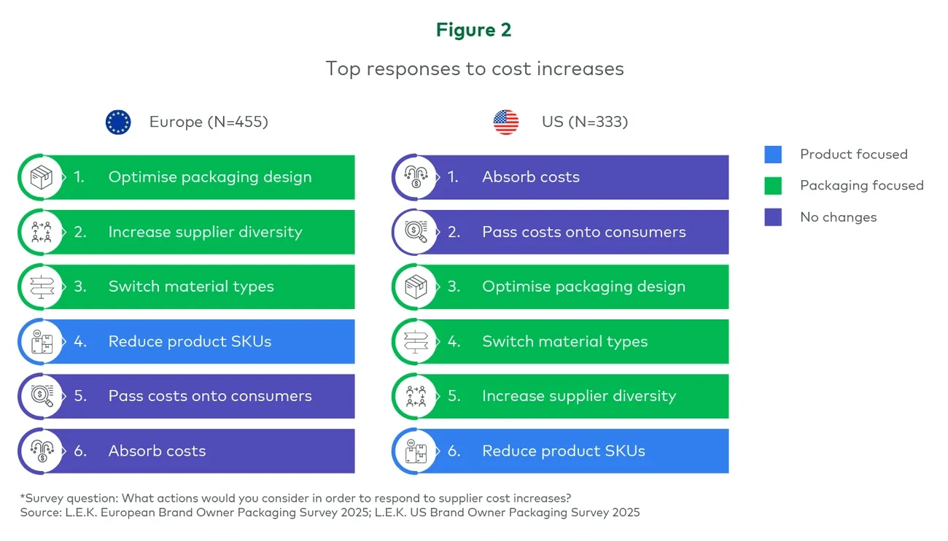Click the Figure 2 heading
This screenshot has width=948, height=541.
[474, 30]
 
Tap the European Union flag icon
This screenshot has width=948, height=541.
[118, 122]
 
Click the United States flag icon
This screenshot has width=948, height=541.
[506, 122]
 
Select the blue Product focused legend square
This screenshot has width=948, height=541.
[773, 155]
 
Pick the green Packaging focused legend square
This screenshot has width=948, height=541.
[773, 186]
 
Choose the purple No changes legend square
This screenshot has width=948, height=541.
[773, 217]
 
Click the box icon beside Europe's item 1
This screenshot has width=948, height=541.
[42, 177]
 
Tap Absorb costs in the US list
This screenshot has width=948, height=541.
[530, 177]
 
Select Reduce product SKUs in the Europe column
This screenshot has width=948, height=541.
[190, 341]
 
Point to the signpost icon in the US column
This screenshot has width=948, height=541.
[415, 341]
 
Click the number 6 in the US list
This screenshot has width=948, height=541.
[454, 451]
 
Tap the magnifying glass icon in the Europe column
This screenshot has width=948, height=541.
[42, 396]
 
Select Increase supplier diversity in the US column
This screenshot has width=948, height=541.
[578, 396]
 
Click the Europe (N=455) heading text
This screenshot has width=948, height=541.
[209, 122]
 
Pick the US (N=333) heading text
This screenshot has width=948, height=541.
[584, 122]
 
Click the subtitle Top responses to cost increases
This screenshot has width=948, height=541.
[474, 69]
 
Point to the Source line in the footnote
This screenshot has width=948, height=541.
[330, 513]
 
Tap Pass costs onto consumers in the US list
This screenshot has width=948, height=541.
[583, 232]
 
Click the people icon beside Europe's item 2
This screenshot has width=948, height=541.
[42, 232]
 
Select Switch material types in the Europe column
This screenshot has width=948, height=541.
[191, 287]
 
